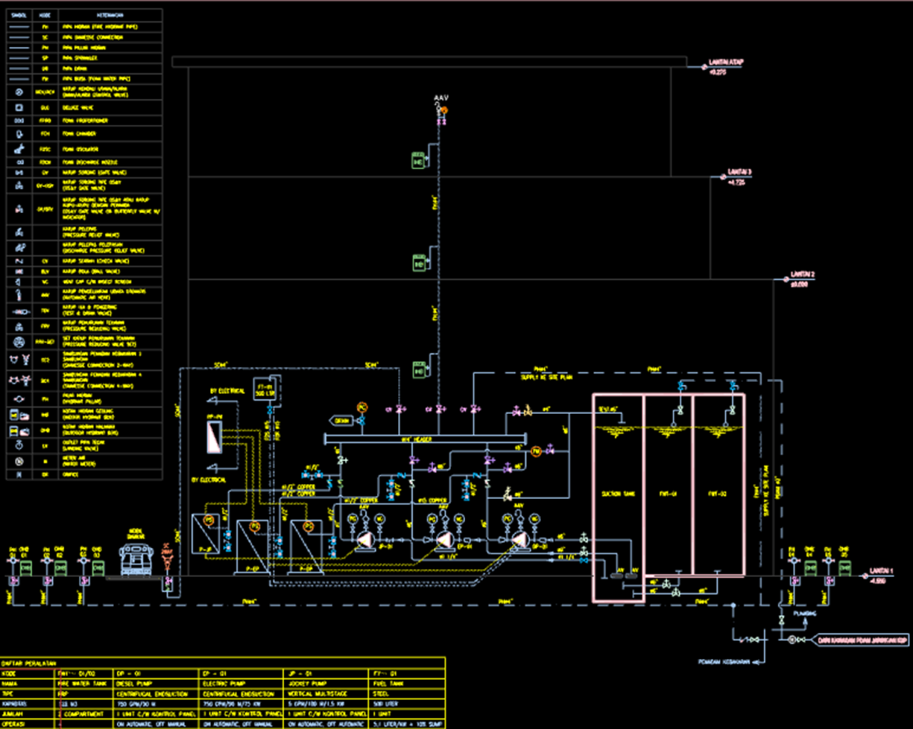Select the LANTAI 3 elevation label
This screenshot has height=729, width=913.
739,172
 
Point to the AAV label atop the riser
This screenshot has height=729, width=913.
441,99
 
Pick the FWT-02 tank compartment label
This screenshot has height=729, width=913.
718,494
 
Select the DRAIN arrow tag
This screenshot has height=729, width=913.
341,419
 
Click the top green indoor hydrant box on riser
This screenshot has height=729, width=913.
418,161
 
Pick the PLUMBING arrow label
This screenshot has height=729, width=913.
805,614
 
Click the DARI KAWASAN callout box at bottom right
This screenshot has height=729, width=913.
863,640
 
